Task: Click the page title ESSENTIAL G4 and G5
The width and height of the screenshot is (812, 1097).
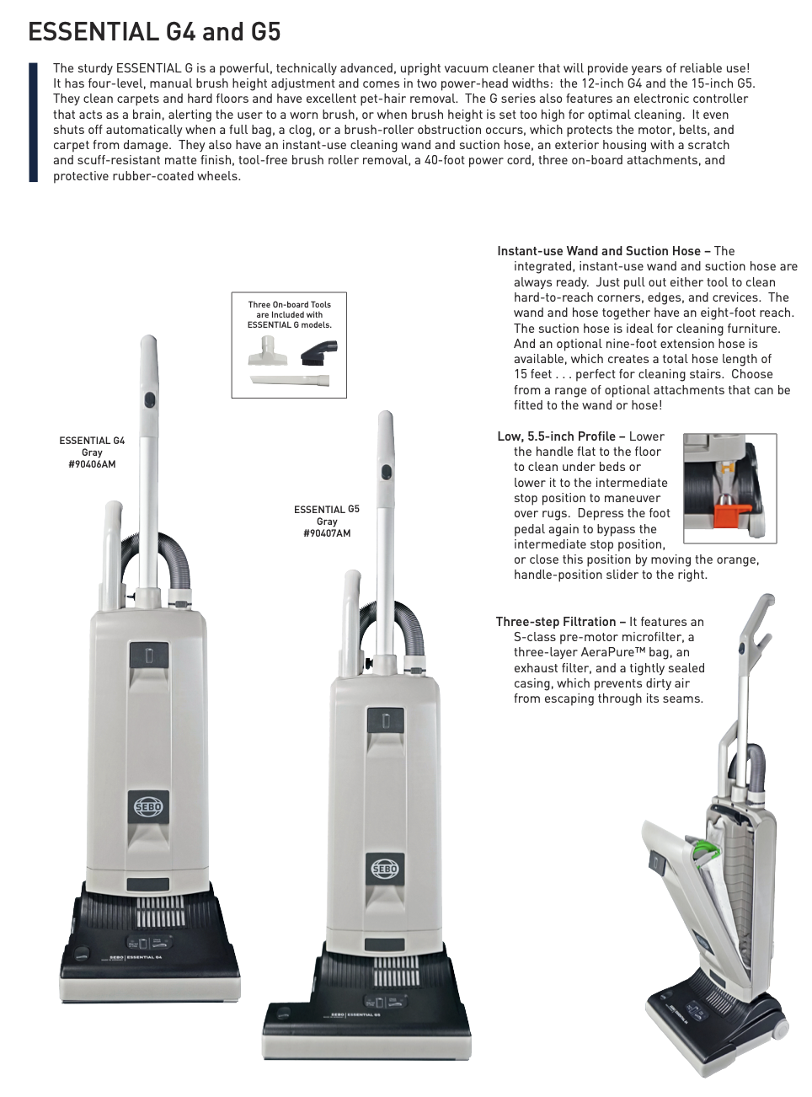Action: [x=154, y=32]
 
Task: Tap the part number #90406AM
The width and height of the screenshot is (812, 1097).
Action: [x=92, y=464]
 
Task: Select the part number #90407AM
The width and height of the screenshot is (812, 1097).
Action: [x=327, y=533]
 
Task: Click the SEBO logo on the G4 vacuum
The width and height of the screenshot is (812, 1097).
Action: [x=148, y=806]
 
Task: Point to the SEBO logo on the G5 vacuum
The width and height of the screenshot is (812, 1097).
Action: [x=385, y=869]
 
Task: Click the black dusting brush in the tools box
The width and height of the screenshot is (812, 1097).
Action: [x=319, y=352]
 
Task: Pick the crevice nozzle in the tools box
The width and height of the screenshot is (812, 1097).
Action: [x=290, y=380]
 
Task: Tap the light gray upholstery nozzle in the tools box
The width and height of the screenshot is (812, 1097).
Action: [x=268, y=351]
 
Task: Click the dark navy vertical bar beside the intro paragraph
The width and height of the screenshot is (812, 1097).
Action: [x=33, y=122]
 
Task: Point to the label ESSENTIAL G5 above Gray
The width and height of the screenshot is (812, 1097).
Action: [x=326, y=510]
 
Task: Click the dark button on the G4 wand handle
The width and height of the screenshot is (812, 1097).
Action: [x=149, y=399]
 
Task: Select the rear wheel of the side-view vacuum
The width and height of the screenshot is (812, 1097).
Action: [x=779, y=1030]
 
